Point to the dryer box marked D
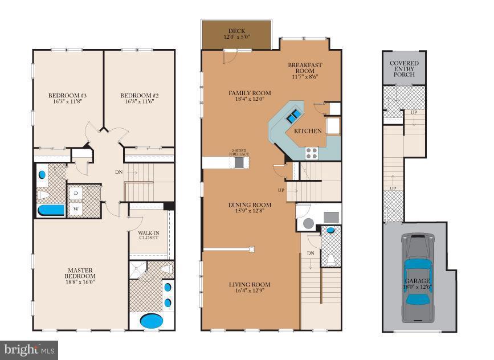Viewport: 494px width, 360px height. (x=76, y=193)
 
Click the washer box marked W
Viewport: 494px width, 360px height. (x=76, y=208)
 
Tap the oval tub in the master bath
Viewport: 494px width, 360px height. (x=151, y=321)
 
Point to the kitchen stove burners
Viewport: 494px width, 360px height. (x=312, y=152)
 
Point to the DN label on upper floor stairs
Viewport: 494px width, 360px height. (x=119, y=171)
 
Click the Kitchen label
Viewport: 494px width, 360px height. (x=308, y=131)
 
